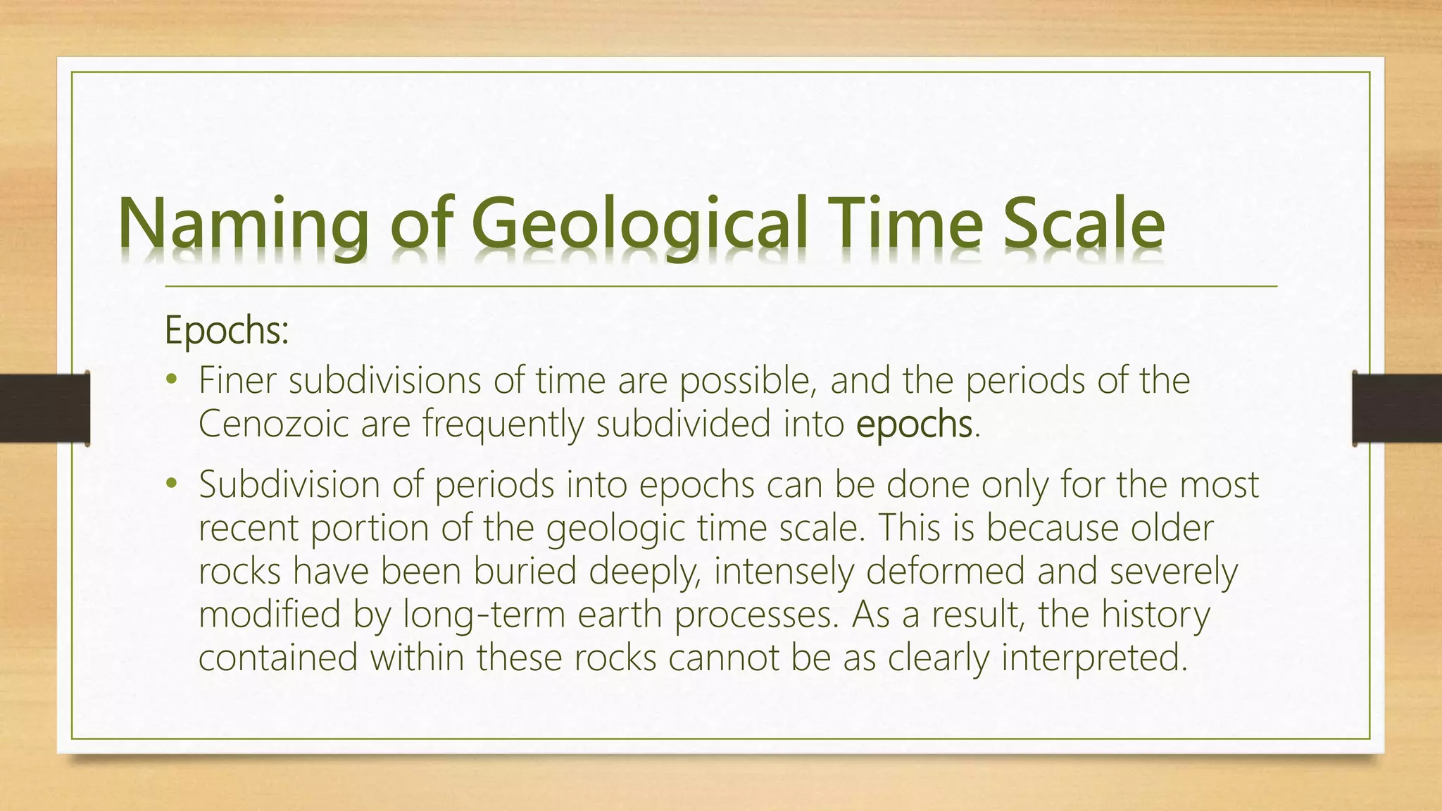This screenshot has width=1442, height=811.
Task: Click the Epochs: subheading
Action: click(227, 331)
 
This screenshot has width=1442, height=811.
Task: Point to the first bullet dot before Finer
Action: click(171, 381)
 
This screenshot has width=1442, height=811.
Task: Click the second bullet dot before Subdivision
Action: click(171, 484)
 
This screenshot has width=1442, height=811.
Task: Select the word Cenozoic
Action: click(274, 425)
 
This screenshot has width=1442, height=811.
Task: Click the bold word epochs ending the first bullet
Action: click(914, 425)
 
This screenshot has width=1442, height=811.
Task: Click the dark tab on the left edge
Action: click(44, 408)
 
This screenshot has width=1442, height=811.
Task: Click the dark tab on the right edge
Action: click(1397, 408)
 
